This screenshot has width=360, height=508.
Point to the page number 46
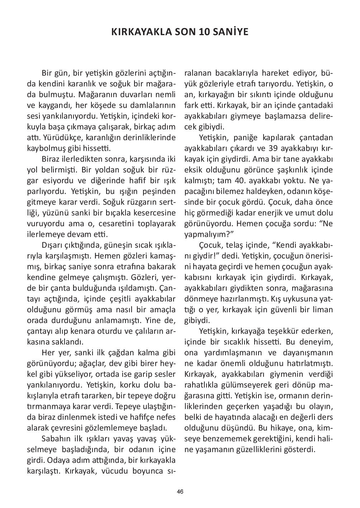(x=180, y=492)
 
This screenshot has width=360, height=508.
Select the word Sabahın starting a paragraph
(x=56, y=439)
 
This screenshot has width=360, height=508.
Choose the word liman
(x=324, y=310)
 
